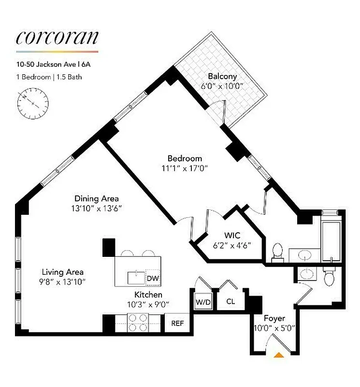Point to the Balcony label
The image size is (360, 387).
click(222, 76)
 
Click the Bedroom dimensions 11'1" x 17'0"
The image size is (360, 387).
click(185, 169)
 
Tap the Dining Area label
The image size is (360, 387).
click(97, 198)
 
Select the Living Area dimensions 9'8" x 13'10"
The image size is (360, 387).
click(63, 282)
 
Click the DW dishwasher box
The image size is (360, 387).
click(153, 278)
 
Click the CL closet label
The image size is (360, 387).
click(230, 301)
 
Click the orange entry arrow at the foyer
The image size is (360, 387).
click(279, 355)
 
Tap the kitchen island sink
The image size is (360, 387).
click(136, 278)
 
